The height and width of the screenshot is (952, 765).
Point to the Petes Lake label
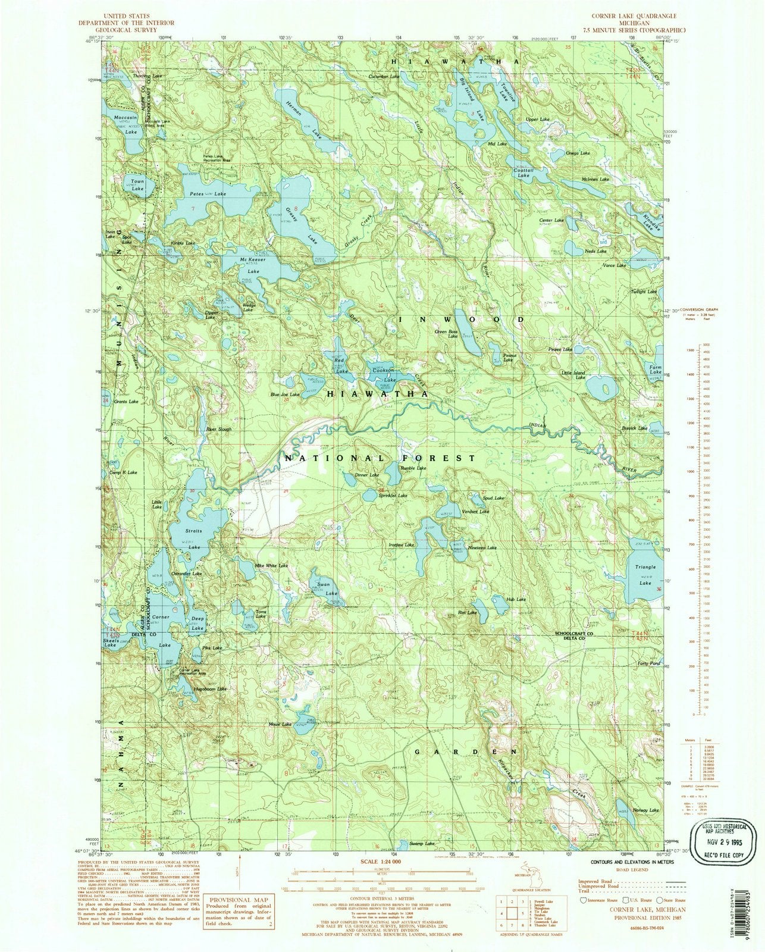199,195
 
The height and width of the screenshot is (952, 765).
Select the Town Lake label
137,185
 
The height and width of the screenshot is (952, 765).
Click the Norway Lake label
646,810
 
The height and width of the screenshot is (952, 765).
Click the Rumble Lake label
413,468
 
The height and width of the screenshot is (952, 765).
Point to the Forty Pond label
648,663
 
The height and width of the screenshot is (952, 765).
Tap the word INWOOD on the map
462,320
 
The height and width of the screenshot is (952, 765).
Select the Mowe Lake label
280,724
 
